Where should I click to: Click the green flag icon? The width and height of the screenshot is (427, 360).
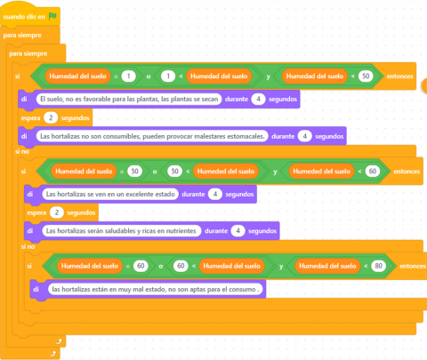tap(52, 16)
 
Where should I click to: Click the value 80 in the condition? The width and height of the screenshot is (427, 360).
tap(378, 266)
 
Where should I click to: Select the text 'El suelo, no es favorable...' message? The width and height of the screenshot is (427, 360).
tap(129, 99)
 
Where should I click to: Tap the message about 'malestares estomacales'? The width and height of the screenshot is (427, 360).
tap(152, 136)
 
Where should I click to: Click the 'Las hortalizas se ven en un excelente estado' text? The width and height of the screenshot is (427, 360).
tap(110, 194)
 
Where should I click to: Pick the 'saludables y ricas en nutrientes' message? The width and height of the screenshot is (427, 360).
tap(121, 231)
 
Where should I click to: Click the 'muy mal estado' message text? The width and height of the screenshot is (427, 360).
tap(155, 289)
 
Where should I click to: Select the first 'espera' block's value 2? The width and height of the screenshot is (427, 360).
tap(51, 117)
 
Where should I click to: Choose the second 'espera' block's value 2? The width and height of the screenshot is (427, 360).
tap(57, 212)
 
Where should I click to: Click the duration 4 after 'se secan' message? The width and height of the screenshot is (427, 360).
tap(258, 99)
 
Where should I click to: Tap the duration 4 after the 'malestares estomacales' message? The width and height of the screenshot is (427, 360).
tap(304, 136)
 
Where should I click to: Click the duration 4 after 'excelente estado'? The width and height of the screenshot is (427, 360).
tap(215, 194)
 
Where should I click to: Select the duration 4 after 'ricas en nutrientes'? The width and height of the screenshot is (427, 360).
tap(238, 231)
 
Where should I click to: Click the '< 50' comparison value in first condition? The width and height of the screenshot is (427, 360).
tap(366, 76)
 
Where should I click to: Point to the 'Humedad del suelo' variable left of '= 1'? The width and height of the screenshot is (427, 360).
tap(77, 76)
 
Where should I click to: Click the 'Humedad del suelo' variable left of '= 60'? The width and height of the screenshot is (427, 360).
tap(90, 266)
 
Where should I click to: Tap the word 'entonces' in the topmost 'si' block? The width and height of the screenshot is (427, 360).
tap(399, 76)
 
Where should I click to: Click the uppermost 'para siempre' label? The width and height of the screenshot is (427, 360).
tap(22, 36)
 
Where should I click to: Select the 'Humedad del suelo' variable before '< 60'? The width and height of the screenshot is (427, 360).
tap(321, 172)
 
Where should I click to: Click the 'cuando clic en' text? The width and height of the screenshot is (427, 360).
tap(24, 17)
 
